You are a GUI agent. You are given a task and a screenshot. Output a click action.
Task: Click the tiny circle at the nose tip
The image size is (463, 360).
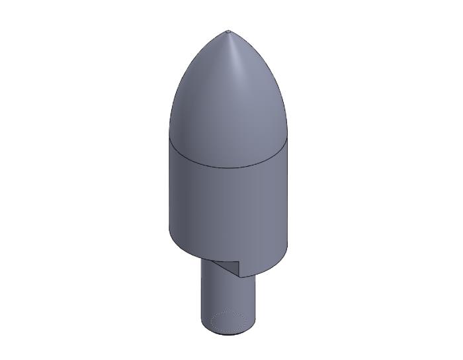click(228, 31)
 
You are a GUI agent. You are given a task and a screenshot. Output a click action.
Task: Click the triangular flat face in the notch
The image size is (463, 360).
click(230, 267)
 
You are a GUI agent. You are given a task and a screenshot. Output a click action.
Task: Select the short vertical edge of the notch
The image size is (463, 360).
click(239, 269)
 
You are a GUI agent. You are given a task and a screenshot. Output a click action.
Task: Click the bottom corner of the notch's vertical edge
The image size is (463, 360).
click(239, 277)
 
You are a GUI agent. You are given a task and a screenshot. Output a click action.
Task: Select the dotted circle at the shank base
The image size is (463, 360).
click(230, 321)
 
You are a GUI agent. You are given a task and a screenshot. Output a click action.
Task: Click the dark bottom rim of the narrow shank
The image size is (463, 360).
click(228, 334)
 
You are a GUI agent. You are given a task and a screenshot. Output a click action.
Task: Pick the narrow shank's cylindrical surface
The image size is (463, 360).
click(225, 294)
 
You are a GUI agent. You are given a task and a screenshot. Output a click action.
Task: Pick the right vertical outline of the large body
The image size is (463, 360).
click(288, 199)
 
